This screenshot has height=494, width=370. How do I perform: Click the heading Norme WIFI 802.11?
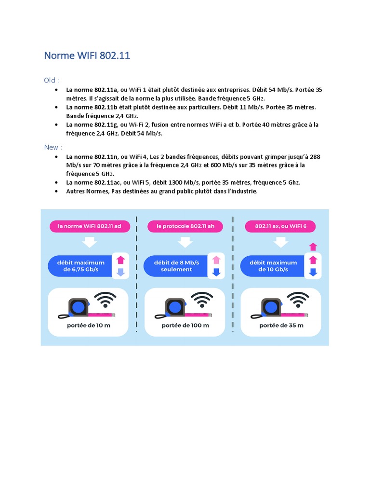(87, 55)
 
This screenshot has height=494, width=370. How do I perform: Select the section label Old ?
(52, 80)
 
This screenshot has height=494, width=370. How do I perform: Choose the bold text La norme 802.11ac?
(93, 182)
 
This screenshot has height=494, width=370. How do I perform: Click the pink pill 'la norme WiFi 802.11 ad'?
(90, 226)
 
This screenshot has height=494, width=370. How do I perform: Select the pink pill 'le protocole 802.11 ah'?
(185, 226)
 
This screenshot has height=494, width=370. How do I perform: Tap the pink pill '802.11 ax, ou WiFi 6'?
(280, 226)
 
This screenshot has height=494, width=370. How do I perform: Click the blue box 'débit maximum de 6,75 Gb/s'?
(80, 266)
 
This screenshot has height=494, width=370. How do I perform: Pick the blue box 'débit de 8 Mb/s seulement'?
(176, 266)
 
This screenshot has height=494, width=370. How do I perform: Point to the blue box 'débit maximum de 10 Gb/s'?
(273, 266)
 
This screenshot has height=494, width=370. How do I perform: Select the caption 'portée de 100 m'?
(185, 325)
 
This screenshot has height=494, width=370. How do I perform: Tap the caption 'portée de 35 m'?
(281, 325)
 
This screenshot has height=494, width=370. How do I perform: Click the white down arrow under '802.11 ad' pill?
(90, 242)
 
